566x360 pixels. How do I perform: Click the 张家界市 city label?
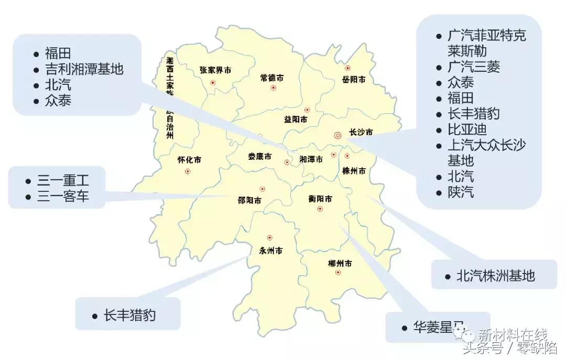click(215, 70)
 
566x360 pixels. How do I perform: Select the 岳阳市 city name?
click(354, 80)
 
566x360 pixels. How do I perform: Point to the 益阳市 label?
click(296, 119)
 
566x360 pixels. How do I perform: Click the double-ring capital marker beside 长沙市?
click(338, 135)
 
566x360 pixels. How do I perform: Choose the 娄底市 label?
click(260, 157)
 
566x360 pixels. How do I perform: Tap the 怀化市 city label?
click(189, 160)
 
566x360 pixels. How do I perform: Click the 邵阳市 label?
click(249, 200)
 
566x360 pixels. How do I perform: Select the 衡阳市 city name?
click(320, 199)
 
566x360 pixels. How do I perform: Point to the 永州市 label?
click(271, 250)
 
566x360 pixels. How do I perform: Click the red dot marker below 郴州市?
click(338, 272)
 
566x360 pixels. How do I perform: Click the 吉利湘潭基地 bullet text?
click(84, 69)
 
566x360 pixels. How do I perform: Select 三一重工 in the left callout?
click(63, 181)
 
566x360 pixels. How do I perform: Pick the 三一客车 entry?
click(63, 197)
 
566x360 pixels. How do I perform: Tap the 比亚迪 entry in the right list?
click(466, 129)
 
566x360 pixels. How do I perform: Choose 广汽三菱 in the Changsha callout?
click(474, 67)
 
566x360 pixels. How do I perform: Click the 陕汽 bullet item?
click(461, 192)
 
